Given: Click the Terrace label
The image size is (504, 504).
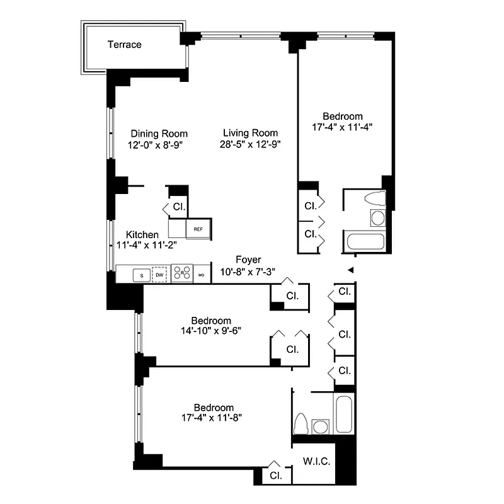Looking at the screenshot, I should point(124,45).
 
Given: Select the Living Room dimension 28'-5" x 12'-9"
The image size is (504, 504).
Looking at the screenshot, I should point(250,144).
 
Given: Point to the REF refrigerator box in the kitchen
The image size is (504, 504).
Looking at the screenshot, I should point(198,228).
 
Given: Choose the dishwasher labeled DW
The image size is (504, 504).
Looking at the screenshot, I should point(160,275).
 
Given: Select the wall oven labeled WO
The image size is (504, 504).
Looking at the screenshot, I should point(202,275).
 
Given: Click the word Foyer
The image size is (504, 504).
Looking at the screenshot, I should point(248,260).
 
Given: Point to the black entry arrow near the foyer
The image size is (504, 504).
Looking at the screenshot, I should point(352,270).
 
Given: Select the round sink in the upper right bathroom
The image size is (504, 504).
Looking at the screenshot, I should point(377,218).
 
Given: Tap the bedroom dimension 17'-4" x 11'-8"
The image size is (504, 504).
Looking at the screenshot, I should point(214,417).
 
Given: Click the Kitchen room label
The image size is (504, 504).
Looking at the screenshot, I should point(142,234).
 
